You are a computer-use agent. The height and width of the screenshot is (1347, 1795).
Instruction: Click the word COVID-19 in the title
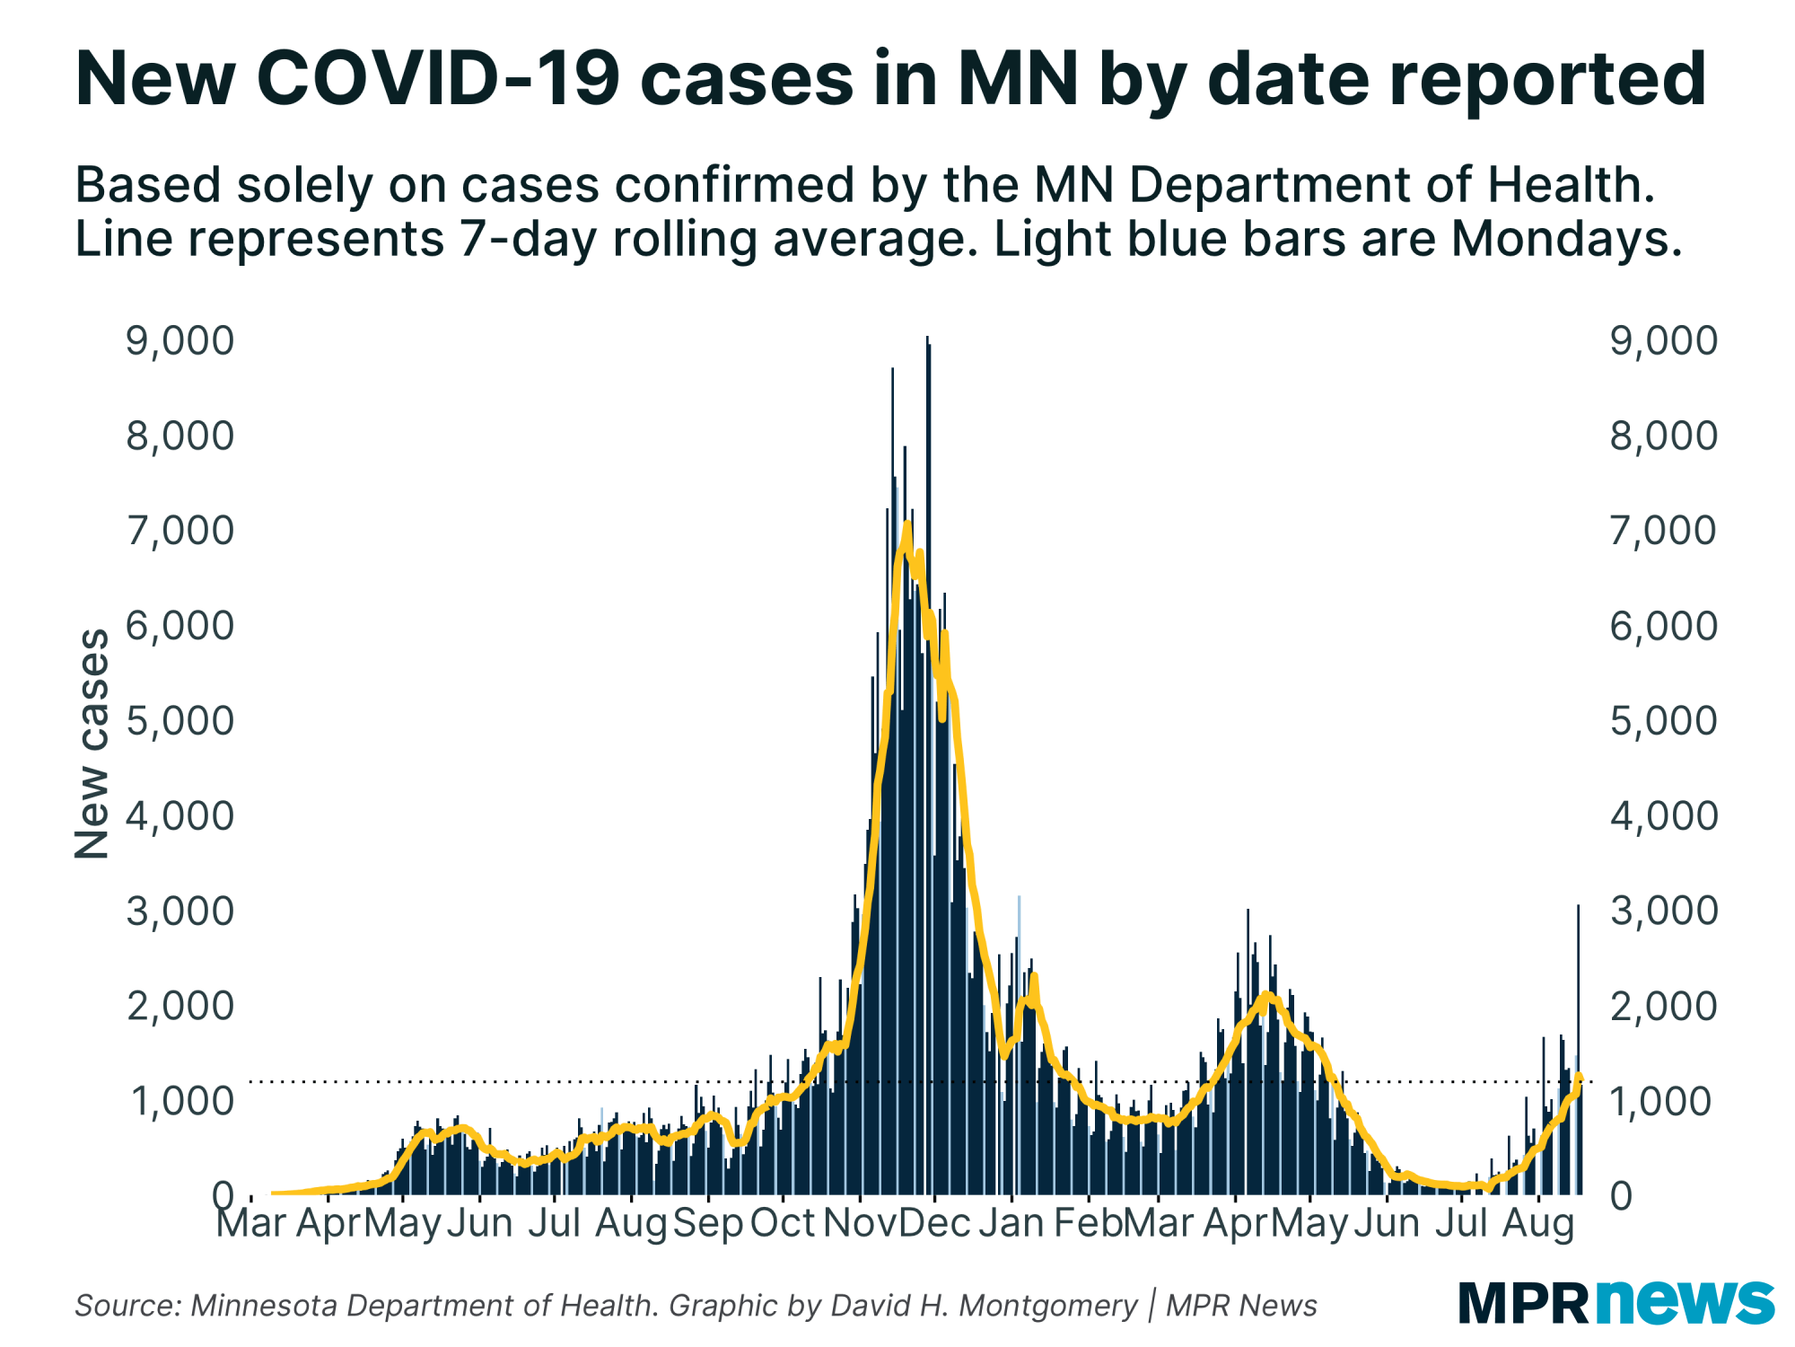pyautogui.click(x=438, y=79)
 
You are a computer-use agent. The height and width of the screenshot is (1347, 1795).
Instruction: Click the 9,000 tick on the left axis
pyautogui.click(x=179, y=341)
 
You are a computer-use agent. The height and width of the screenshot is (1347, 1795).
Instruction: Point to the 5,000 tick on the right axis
pyautogui.click(x=1663, y=721)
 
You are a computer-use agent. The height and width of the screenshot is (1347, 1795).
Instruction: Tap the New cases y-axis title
pyautogui.click(x=91, y=744)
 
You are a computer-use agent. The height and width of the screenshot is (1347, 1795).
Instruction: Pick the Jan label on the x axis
pyautogui.click(x=1011, y=1223)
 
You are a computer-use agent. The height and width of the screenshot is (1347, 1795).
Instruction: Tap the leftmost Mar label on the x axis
pyautogui.click(x=251, y=1223)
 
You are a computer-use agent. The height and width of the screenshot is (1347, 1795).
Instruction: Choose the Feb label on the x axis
pyautogui.click(x=1088, y=1223)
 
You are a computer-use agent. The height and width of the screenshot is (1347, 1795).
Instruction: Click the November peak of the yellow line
pyautogui.click(x=908, y=524)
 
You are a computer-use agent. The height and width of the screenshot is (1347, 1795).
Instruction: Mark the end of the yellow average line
pyautogui.click(x=1579, y=1077)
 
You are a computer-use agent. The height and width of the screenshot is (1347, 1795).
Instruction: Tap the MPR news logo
pyautogui.click(x=1615, y=1302)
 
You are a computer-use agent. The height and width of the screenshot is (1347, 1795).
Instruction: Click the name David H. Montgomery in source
pyautogui.click(x=984, y=1306)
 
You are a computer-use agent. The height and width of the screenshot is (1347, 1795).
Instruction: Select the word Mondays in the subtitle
pyautogui.click(x=1566, y=240)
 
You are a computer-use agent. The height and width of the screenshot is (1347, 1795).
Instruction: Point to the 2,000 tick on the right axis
pyautogui.click(x=1663, y=1007)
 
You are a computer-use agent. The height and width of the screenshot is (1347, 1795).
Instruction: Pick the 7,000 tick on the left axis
pyautogui.click(x=179, y=532)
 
